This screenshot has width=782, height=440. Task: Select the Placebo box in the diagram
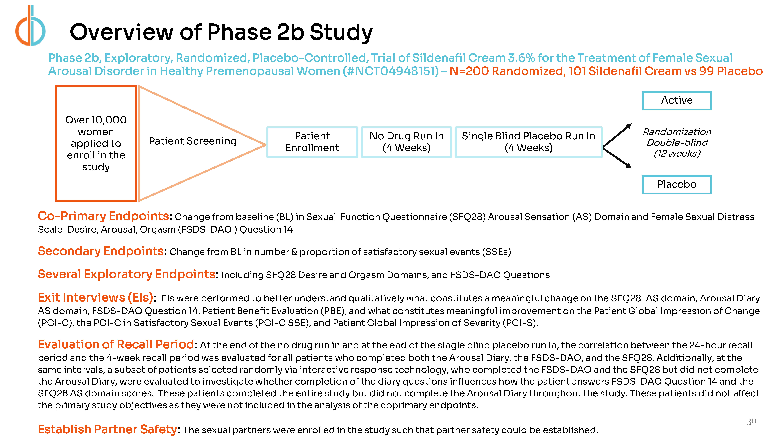677,184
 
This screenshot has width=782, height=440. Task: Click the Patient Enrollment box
312,142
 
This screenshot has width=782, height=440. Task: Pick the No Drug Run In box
406,142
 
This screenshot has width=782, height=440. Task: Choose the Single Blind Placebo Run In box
528,142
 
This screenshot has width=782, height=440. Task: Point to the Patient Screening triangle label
192,141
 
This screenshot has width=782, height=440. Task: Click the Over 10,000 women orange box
96,143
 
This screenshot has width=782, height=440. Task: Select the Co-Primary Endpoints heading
103,216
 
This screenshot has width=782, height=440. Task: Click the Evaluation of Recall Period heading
116,345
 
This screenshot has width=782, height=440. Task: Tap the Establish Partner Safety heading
107,429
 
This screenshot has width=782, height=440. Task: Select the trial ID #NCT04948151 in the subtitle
391,71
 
